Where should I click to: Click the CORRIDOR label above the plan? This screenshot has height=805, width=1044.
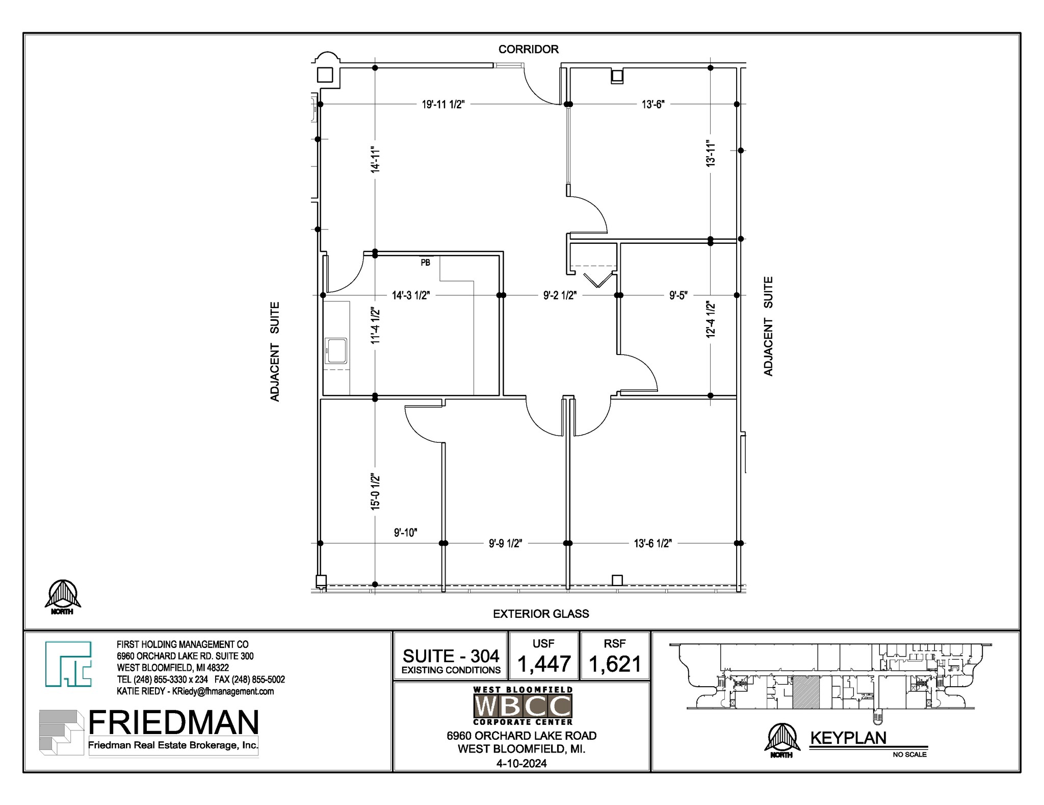528,49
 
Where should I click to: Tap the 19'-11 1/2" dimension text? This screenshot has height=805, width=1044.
443,105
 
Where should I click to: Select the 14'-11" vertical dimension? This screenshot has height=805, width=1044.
376,159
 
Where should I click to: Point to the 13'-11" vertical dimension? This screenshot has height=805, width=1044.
711,153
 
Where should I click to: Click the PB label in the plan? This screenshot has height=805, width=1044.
425,263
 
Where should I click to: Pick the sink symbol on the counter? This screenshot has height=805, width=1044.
336,351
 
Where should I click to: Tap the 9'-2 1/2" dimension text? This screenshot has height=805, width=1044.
560,295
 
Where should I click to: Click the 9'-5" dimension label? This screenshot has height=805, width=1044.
678,295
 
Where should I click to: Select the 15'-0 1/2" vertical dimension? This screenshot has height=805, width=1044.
376,491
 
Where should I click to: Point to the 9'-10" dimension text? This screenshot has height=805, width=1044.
405,533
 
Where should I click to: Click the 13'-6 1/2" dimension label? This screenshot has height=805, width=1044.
652,543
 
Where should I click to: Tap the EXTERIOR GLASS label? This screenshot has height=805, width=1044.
540,614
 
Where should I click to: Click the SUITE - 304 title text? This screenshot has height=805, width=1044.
451,656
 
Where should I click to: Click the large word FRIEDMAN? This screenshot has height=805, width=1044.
173,722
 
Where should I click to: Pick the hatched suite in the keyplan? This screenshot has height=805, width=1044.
806,692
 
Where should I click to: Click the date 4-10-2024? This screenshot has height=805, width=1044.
521,763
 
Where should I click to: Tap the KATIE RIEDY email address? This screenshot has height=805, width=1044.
223,691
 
